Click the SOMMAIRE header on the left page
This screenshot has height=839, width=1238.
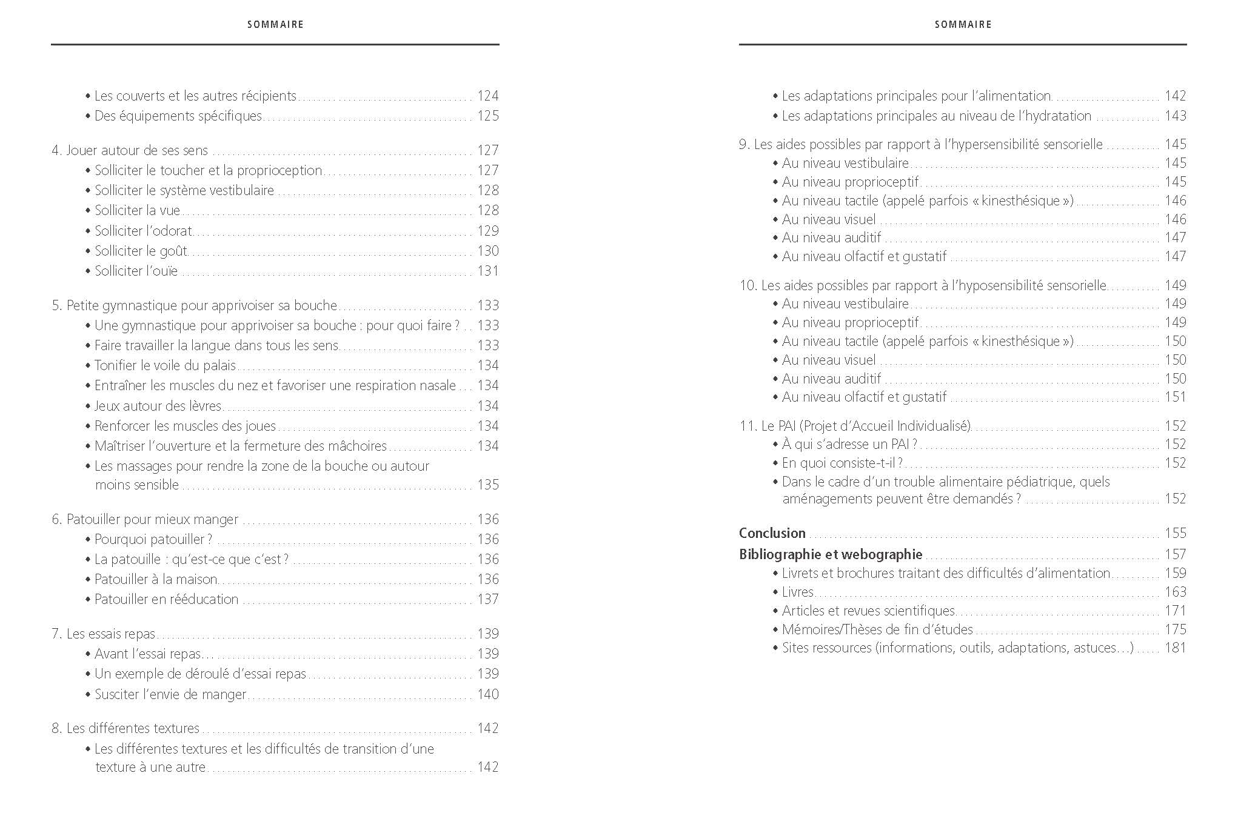275,24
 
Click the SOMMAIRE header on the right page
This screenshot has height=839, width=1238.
963,24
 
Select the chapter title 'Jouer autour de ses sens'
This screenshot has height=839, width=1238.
136,150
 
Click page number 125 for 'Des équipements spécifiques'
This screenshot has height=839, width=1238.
487,116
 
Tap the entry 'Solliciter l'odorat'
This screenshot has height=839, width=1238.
143,231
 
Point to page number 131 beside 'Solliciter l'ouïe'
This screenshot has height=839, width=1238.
487,271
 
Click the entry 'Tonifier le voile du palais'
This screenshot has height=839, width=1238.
165,365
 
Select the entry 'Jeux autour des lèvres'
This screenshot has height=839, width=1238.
158,406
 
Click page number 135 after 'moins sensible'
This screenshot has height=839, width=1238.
487,485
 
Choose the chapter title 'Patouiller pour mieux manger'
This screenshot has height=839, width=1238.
152,519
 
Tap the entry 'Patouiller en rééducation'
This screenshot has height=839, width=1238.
166,599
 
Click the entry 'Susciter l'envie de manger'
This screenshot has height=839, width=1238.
170,694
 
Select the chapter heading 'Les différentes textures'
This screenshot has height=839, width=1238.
133,728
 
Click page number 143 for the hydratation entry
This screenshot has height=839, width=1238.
1175,116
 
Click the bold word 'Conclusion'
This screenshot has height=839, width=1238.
772,533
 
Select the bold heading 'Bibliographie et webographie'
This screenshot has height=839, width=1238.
830,554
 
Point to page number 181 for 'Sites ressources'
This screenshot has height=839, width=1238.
1175,648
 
